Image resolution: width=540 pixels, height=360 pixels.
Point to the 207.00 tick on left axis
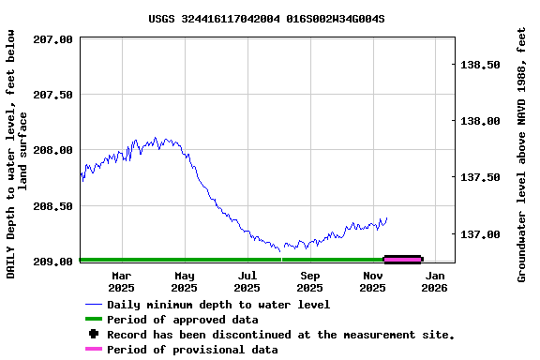coord(52,39)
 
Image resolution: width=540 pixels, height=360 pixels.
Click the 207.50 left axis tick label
coord(52,95)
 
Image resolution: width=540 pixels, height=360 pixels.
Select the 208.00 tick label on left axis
coord(52,150)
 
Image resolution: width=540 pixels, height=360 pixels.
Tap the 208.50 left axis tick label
coord(52,205)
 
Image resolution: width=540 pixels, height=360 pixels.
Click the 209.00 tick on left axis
coord(52,262)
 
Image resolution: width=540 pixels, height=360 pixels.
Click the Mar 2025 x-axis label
coord(121,281)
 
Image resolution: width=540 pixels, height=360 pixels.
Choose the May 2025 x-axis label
coord(184,281)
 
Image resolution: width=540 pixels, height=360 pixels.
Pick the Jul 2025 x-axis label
coord(247,281)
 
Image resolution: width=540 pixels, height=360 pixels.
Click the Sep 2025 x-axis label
coord(309,281)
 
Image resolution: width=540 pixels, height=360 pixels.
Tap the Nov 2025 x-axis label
coord(373,281)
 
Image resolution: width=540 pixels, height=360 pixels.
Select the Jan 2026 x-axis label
coord(435,281)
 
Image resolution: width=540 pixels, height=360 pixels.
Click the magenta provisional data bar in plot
coord(403,260)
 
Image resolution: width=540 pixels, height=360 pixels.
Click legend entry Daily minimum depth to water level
coord(217,305)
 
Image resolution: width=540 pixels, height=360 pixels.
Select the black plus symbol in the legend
coord(93,335)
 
